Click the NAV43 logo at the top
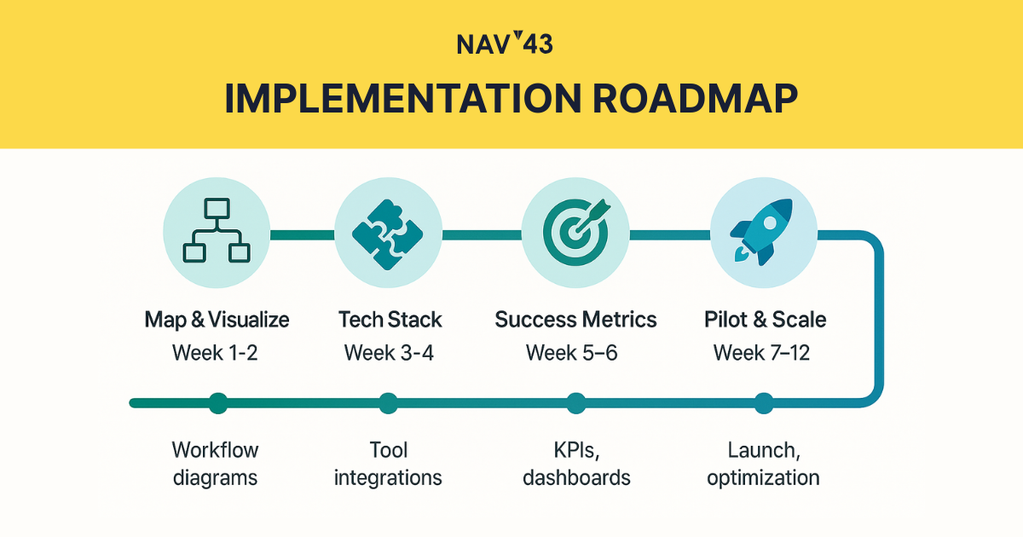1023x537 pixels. [505, 43]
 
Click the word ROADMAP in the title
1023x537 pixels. [695, 99]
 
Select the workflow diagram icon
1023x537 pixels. [217, 231]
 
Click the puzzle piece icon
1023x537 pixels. [388, 234]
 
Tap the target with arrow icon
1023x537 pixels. [576, 233]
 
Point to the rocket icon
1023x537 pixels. [760, 232]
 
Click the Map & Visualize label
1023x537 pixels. [217, 319]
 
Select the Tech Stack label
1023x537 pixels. [390, 319]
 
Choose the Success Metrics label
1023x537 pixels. [575, 319]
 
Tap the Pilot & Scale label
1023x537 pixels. [765, 319]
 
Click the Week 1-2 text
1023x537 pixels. [215, 353]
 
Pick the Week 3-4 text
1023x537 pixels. [389, 353]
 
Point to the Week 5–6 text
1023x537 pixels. [571, 353]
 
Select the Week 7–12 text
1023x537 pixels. [761, 353]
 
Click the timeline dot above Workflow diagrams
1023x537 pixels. [218, 403]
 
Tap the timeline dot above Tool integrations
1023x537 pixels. [388, 403]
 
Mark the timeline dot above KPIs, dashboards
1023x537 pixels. [576, 403]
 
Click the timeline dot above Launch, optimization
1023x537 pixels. [764, 403]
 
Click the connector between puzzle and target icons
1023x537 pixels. [482, 235]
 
